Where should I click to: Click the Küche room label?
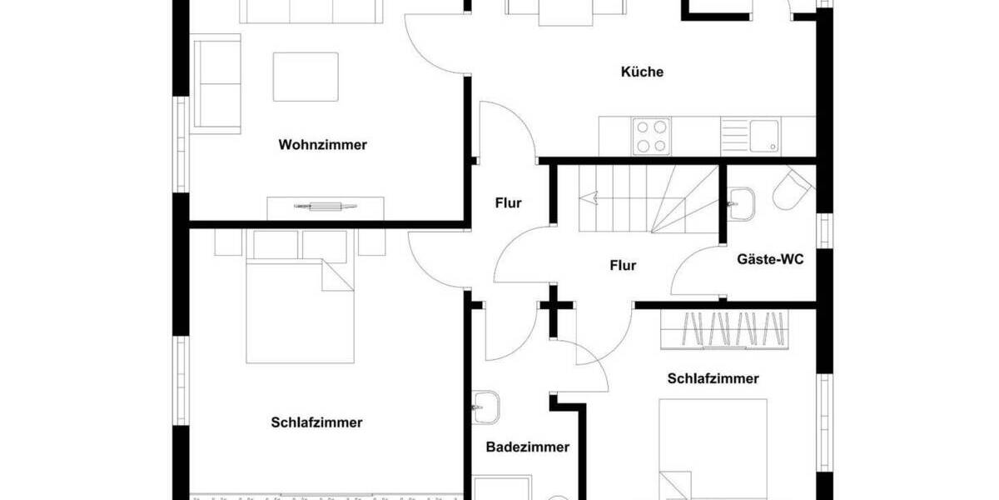pos(642,72)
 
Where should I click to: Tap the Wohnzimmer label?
pos(322,145)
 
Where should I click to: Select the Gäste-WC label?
pos(770,259)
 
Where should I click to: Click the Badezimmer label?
pos(528,447)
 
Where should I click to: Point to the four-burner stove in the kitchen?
pos(651,137)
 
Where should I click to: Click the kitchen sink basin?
pos(763,136)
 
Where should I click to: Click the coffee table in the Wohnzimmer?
pos(306,77)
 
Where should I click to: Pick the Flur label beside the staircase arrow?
pos(508,202)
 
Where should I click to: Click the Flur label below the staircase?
pos(623,266)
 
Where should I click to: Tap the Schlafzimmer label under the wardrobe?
pos(713,378)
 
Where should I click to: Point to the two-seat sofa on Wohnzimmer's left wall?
pos(217,83)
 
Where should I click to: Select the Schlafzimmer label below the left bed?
pos(316,422)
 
